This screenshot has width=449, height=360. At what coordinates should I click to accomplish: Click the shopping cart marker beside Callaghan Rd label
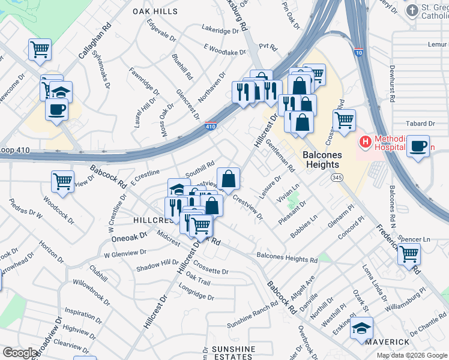click(x=40, y=49)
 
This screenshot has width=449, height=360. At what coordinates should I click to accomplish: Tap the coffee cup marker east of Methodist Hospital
click(x=418, y=146)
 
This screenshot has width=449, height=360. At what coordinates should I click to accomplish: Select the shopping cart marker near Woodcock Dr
click(x=62, y=181)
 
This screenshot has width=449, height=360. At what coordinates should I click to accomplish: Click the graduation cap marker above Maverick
click(x=362, y=328)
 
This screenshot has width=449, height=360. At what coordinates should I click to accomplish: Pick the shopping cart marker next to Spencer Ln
click(x=409, y=254)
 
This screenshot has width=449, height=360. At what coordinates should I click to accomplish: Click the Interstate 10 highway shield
click(x=358, y=53)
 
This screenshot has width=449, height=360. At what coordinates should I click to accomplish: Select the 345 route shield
click(x=337, y=178)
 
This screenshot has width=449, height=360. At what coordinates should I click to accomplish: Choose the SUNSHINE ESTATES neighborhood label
click(x=234, y=353)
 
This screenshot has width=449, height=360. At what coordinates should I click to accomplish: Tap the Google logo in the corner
click(x=19, y=353)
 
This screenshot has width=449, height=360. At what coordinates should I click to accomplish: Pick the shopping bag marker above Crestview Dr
click(x=228, y=178)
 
